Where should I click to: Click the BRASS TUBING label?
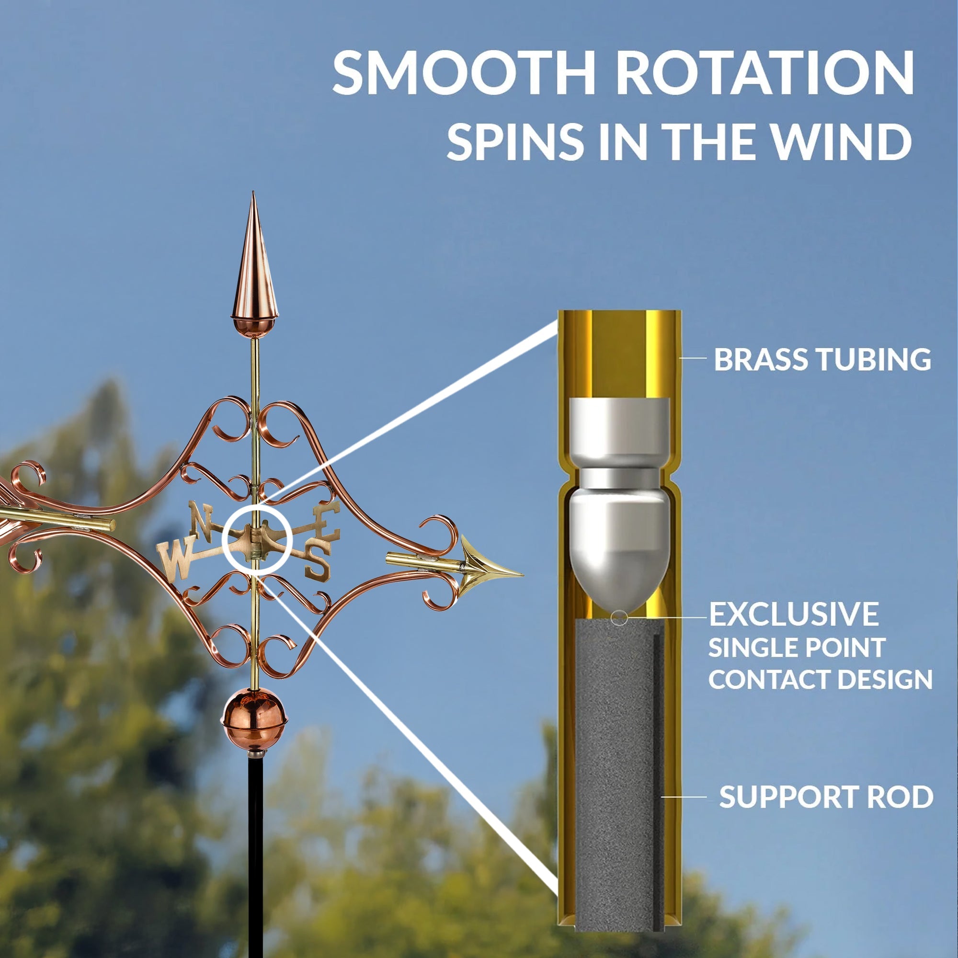(x=822, y=359)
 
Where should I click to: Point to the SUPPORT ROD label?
(x=826, y=797)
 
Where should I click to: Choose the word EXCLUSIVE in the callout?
(x=794, y=615)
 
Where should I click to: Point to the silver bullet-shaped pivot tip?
(x=620, y=550)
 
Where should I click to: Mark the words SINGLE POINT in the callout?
(x=797, y=648)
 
